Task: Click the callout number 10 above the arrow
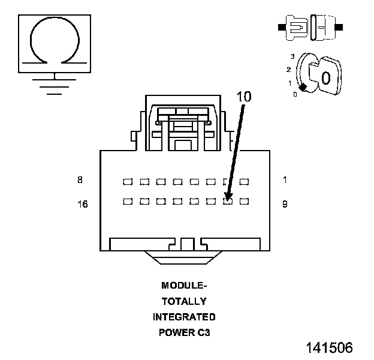pyautogui.click(x=244, y=97)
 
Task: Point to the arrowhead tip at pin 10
pyautogui.click(x=227, y=200)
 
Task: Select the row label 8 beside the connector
pyautogui.click(x=80, y=180)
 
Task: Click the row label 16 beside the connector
pyautogui.click(x=83, y=204)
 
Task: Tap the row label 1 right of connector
pyautogui.click(x=285, y=180)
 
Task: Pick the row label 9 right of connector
pyautogui.click(x=285, y=204)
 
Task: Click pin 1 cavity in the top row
pyautogui.click(x=245, y=182)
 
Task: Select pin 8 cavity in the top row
pyautogui.click(x=128, y=182)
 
